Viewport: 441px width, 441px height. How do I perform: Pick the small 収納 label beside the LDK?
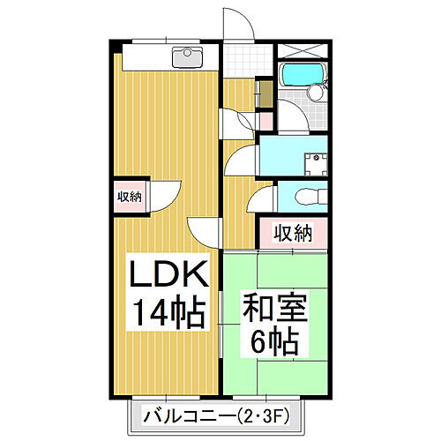(129, 197)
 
